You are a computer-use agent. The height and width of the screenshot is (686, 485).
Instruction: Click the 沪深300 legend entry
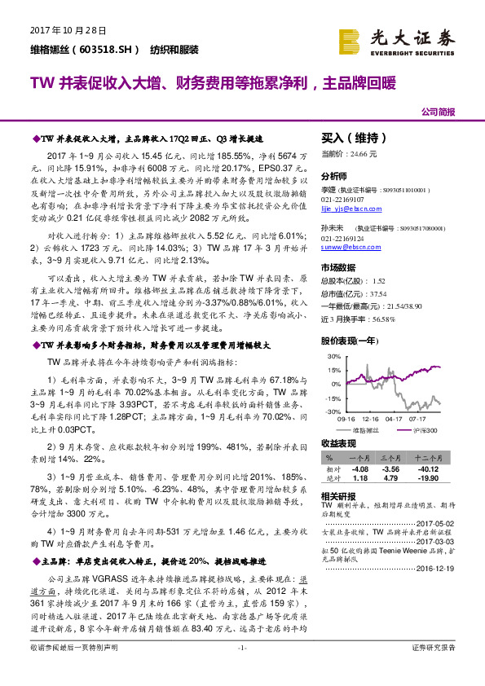[422, 429]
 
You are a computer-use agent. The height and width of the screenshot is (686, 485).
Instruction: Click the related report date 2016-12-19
[437, 569]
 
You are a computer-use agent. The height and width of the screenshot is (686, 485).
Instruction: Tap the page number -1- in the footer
[241, 670]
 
